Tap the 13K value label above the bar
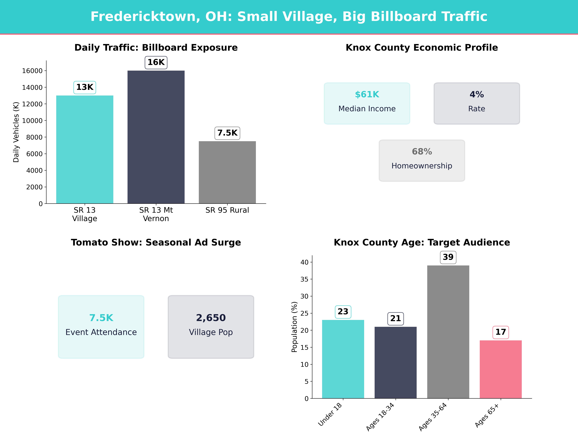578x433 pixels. click(x=85, y=87)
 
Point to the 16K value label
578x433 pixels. click(x=156, y=62)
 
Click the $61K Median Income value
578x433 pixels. click(x=367, y=95)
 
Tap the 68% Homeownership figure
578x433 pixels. click(x=422, y=152)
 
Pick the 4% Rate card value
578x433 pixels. click(x=477, y=95)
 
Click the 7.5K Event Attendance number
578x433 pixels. click(x=101, y=318)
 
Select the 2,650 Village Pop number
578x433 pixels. click(x=211, y=318)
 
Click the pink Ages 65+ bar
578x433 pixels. click(x=501, y=369)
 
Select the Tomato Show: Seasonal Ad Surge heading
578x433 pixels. click(x=156, y=242)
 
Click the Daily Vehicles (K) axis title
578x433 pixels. click(x=16, y=132)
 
